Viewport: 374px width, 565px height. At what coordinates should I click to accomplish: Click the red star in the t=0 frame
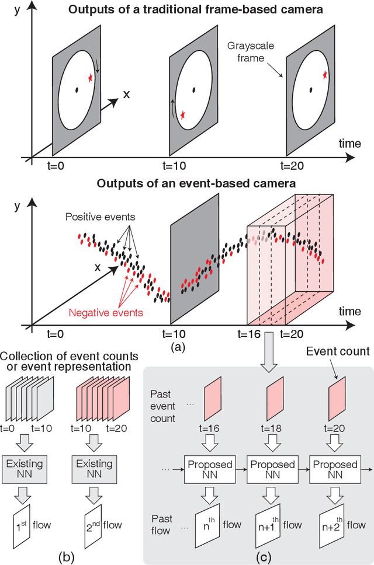pos(90,78)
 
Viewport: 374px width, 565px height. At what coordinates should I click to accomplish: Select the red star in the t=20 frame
pos(324,75)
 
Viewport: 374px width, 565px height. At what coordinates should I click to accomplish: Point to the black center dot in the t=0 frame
pos(77,89)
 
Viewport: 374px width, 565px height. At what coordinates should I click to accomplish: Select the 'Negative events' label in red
pos(106,313)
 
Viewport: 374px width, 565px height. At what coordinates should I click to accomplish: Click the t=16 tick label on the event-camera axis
pos(250,335)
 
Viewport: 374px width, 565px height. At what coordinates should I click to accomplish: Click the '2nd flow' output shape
pos(95,526)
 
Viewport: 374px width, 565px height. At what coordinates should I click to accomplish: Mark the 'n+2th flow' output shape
pos(335,526)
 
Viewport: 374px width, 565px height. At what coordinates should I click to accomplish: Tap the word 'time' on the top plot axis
pos(349,142)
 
